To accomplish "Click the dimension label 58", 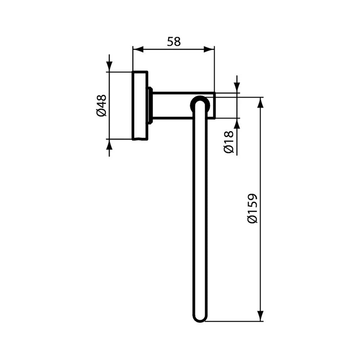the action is [x=174, y=41].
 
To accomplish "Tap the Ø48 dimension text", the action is [x=101, y=105].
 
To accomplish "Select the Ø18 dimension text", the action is [x=229, y=142].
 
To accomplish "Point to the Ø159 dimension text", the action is [x=253, y=208].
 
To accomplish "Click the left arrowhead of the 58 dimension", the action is [x=138, y=49].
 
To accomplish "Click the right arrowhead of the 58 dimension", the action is [x=209, y=49].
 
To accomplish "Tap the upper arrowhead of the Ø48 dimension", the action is [x=109, y=67].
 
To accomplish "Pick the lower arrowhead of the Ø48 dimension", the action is [x=109, y=144].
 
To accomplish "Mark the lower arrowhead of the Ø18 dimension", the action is [x=237, y=123].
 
